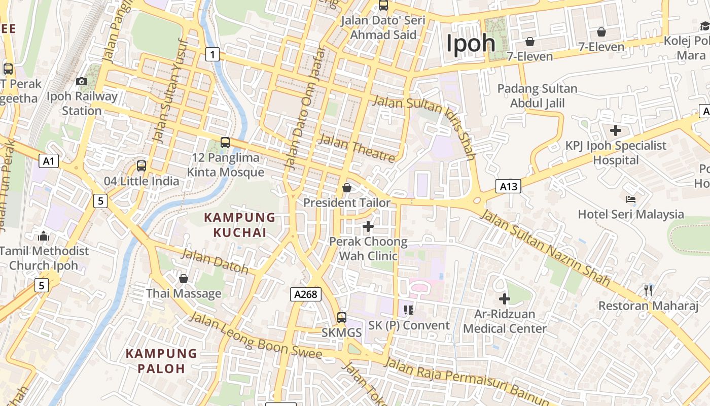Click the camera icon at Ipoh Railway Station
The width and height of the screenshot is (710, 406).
click(x=81, y=81)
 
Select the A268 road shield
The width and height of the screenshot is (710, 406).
click(x=306, y=294)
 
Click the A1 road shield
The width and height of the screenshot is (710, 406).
click(x=49, y=161)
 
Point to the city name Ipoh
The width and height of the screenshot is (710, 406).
click(x=471, y=43)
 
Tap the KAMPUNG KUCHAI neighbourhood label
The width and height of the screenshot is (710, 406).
click(x=239, y=225)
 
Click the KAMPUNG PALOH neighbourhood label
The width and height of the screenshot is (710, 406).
click(x=161, y=361)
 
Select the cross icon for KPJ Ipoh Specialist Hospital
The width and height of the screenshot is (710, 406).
click(x=616, y=130)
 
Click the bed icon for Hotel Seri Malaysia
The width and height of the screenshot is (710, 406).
click(x=631, y=199)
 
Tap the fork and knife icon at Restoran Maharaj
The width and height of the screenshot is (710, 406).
click(x=648, y=290)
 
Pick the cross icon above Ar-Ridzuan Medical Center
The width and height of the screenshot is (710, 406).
click(x=505, y=299)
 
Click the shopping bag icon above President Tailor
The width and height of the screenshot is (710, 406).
click(x=347, y=188)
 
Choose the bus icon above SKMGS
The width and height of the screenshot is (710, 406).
click(x=342, y=318)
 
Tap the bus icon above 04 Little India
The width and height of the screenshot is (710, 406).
click(x=141, y=165)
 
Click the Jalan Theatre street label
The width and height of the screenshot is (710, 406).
click(x=357, y=148)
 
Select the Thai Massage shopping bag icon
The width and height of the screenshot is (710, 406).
click(x=184, y=279)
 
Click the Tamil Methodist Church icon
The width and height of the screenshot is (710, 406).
click(x=44, y=236)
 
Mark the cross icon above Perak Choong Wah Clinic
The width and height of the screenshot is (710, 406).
click(x=369, y=226)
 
